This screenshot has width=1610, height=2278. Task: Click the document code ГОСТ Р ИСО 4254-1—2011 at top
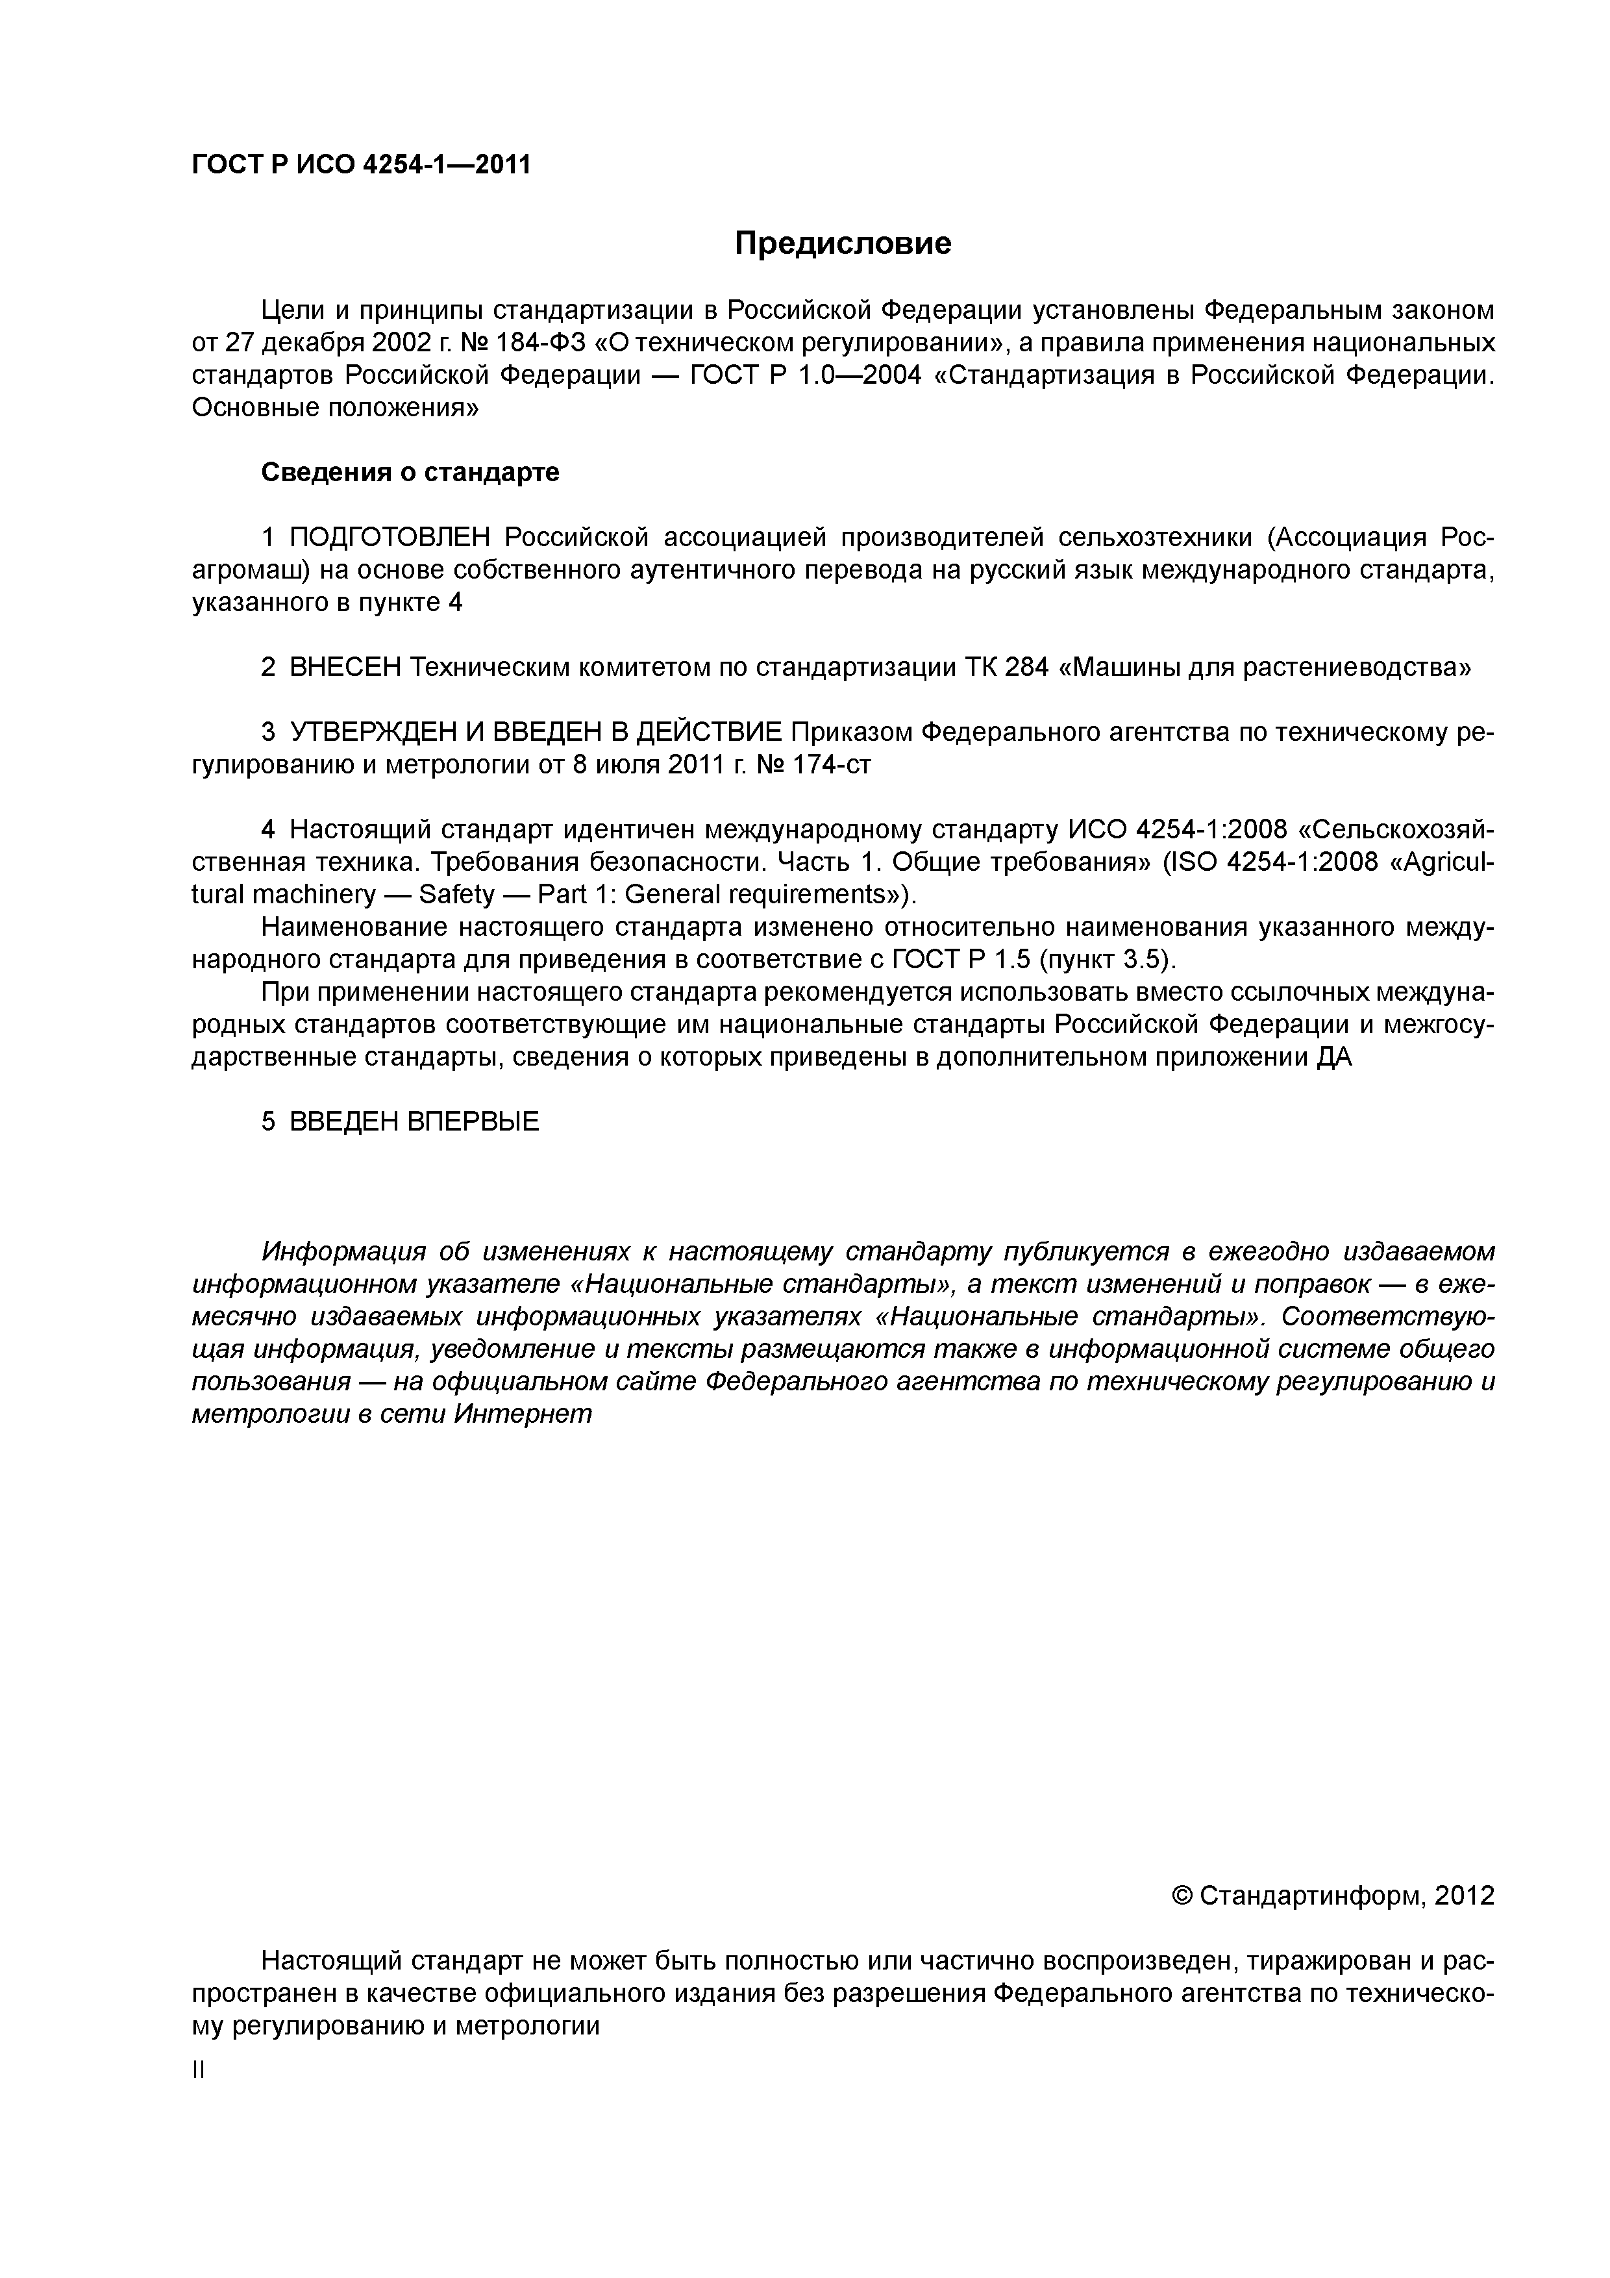pos(361,165)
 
